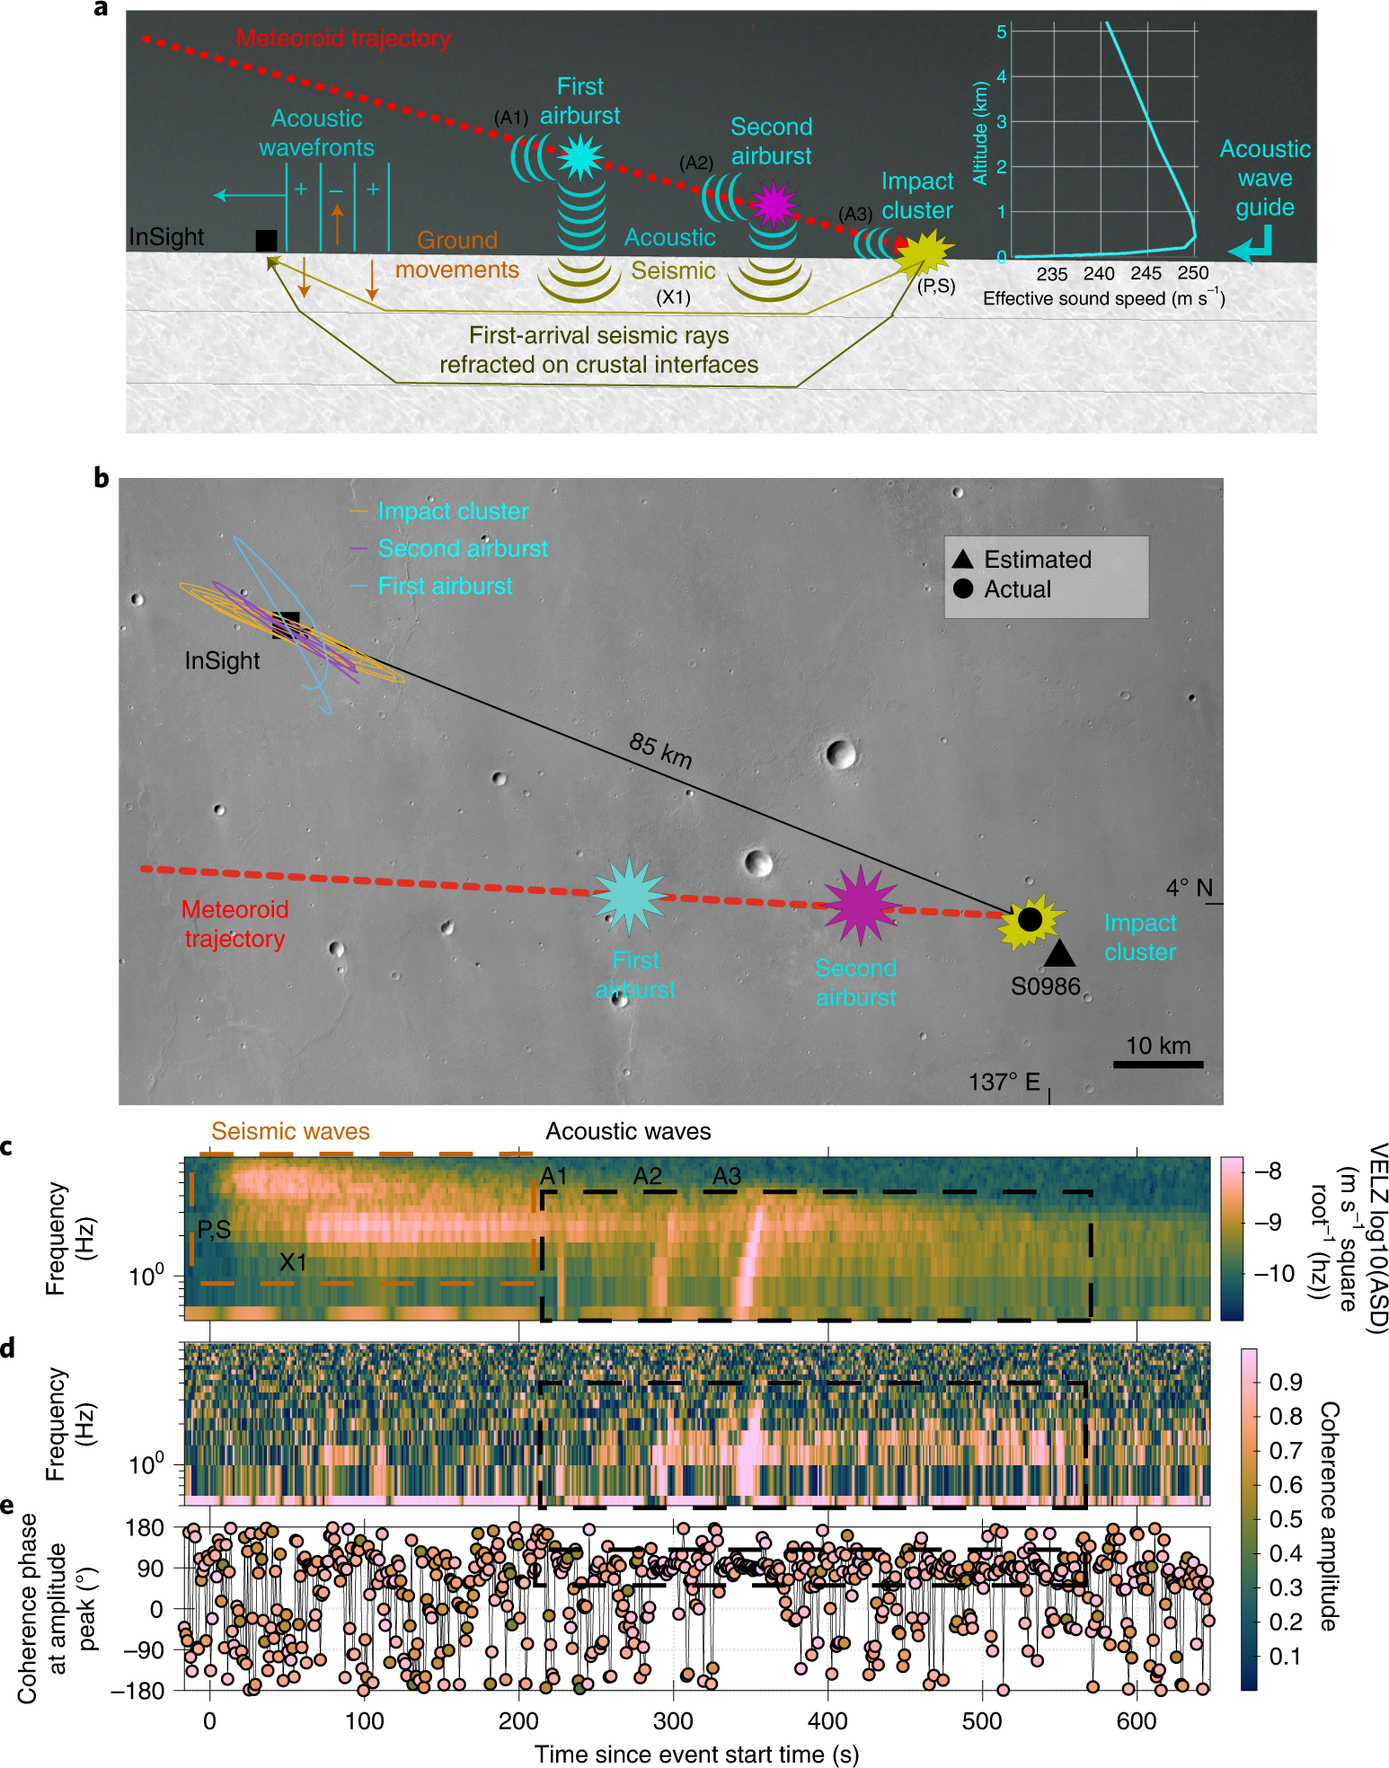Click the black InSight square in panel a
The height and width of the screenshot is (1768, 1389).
(x=266, y=240)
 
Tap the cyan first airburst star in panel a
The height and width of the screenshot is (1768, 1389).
(x=579, y=157)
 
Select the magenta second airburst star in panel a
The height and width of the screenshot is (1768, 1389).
(x=773, y=205)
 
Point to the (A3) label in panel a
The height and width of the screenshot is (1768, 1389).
(x=855, y=214)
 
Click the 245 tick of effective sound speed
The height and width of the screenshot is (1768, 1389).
(x=1146, y=273)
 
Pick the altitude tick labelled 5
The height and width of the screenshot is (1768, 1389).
(x=1001, y=31)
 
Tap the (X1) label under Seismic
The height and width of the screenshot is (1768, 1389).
(x=673, y=296)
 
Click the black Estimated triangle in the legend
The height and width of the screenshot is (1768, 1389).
(x=962, y=559)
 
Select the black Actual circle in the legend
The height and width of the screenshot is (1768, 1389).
(x=962, y=588)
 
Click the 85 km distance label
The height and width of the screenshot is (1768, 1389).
(x=660, y=750)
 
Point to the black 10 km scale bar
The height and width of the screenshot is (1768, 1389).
(x=1157, y=1065)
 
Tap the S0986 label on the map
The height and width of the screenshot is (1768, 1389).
(x=1045, y=986)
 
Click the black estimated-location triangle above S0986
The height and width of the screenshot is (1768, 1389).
(x=1059, y=953)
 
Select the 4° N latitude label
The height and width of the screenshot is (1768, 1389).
(x=1189, y=888)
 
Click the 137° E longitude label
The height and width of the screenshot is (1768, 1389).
(x=1004, y=1082)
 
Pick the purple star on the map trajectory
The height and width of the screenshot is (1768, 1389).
(x=860, y=906)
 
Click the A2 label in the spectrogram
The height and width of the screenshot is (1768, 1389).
(x=647, y=1176)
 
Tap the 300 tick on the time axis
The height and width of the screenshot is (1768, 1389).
(x=673, y=1721)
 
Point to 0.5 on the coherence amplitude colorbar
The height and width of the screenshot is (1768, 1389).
(x=1285, y=1519)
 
